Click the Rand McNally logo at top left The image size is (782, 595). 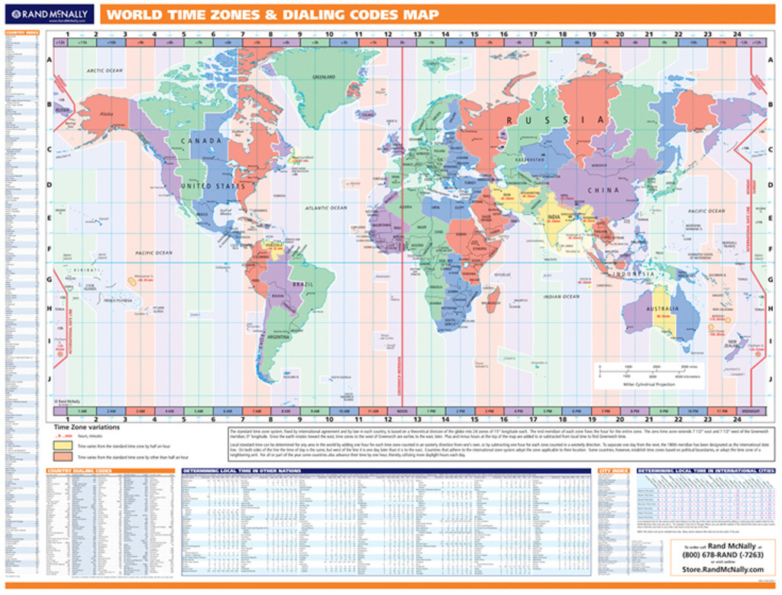[x=48, y=14]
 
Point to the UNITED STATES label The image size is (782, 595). [x=212, y=186]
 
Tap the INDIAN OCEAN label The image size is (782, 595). [x=561, y=296]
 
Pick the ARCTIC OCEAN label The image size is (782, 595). [x=105, y=70]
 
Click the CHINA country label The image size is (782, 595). [x=603, y=190]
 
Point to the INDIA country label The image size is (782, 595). [x=555, y=217]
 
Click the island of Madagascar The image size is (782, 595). [x=493, y=297]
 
